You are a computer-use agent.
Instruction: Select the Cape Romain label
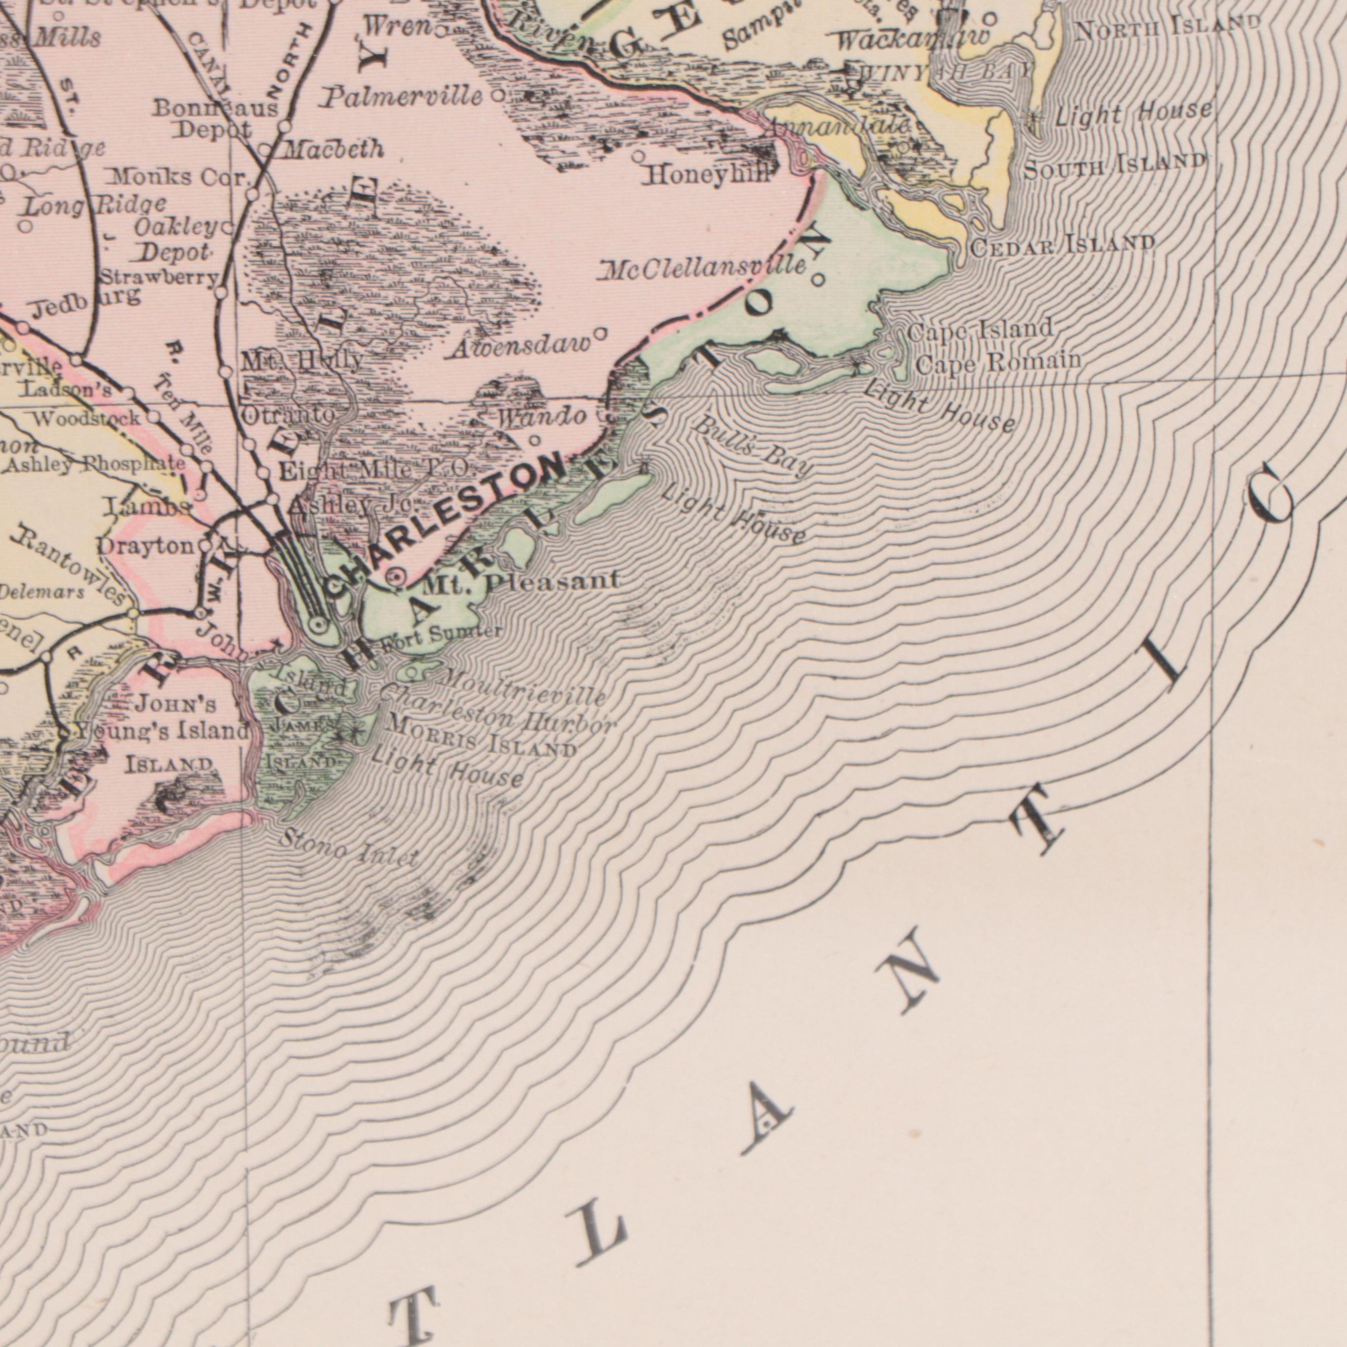[x=998, y=362]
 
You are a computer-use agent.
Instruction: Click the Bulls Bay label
[x=753, y=447]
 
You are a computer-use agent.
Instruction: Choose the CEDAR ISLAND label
[x=1062, y=245]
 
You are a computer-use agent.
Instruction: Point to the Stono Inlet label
[x=348, y=847]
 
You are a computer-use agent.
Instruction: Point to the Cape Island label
[x=980, y=329]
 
